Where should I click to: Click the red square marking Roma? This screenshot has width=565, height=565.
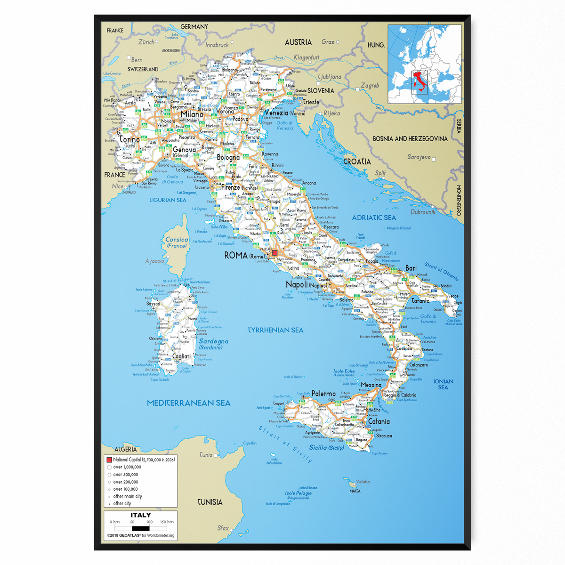pos(274,253)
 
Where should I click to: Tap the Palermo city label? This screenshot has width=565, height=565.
pos(324,394)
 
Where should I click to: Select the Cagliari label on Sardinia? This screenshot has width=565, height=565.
pos(181,356)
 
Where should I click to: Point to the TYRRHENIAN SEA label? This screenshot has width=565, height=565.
pos(275,330)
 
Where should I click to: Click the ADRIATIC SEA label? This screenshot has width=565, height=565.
pos(374,218)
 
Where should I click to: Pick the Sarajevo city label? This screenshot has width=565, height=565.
pos(419,157)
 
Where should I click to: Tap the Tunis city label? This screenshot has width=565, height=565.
pos(206,455)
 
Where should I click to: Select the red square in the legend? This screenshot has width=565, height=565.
pos(109,460)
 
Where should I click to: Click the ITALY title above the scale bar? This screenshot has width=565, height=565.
pos(141,515)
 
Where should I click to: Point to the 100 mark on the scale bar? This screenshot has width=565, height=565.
pos(149,522)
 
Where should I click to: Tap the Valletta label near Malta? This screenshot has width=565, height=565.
pos(363,482)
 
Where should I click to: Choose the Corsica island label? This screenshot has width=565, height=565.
pos(177,240)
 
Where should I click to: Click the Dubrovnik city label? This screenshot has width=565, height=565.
pos(423,212)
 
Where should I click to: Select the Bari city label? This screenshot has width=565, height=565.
pos(411,268)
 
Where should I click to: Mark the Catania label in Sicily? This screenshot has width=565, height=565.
pos(379,421)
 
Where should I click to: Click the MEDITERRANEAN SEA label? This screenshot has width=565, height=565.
pos(188,403)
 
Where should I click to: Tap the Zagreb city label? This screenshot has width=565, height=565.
pos(370,86)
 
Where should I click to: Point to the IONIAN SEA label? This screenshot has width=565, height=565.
pos(443,384)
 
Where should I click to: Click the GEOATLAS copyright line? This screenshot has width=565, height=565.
pos(140,535)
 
